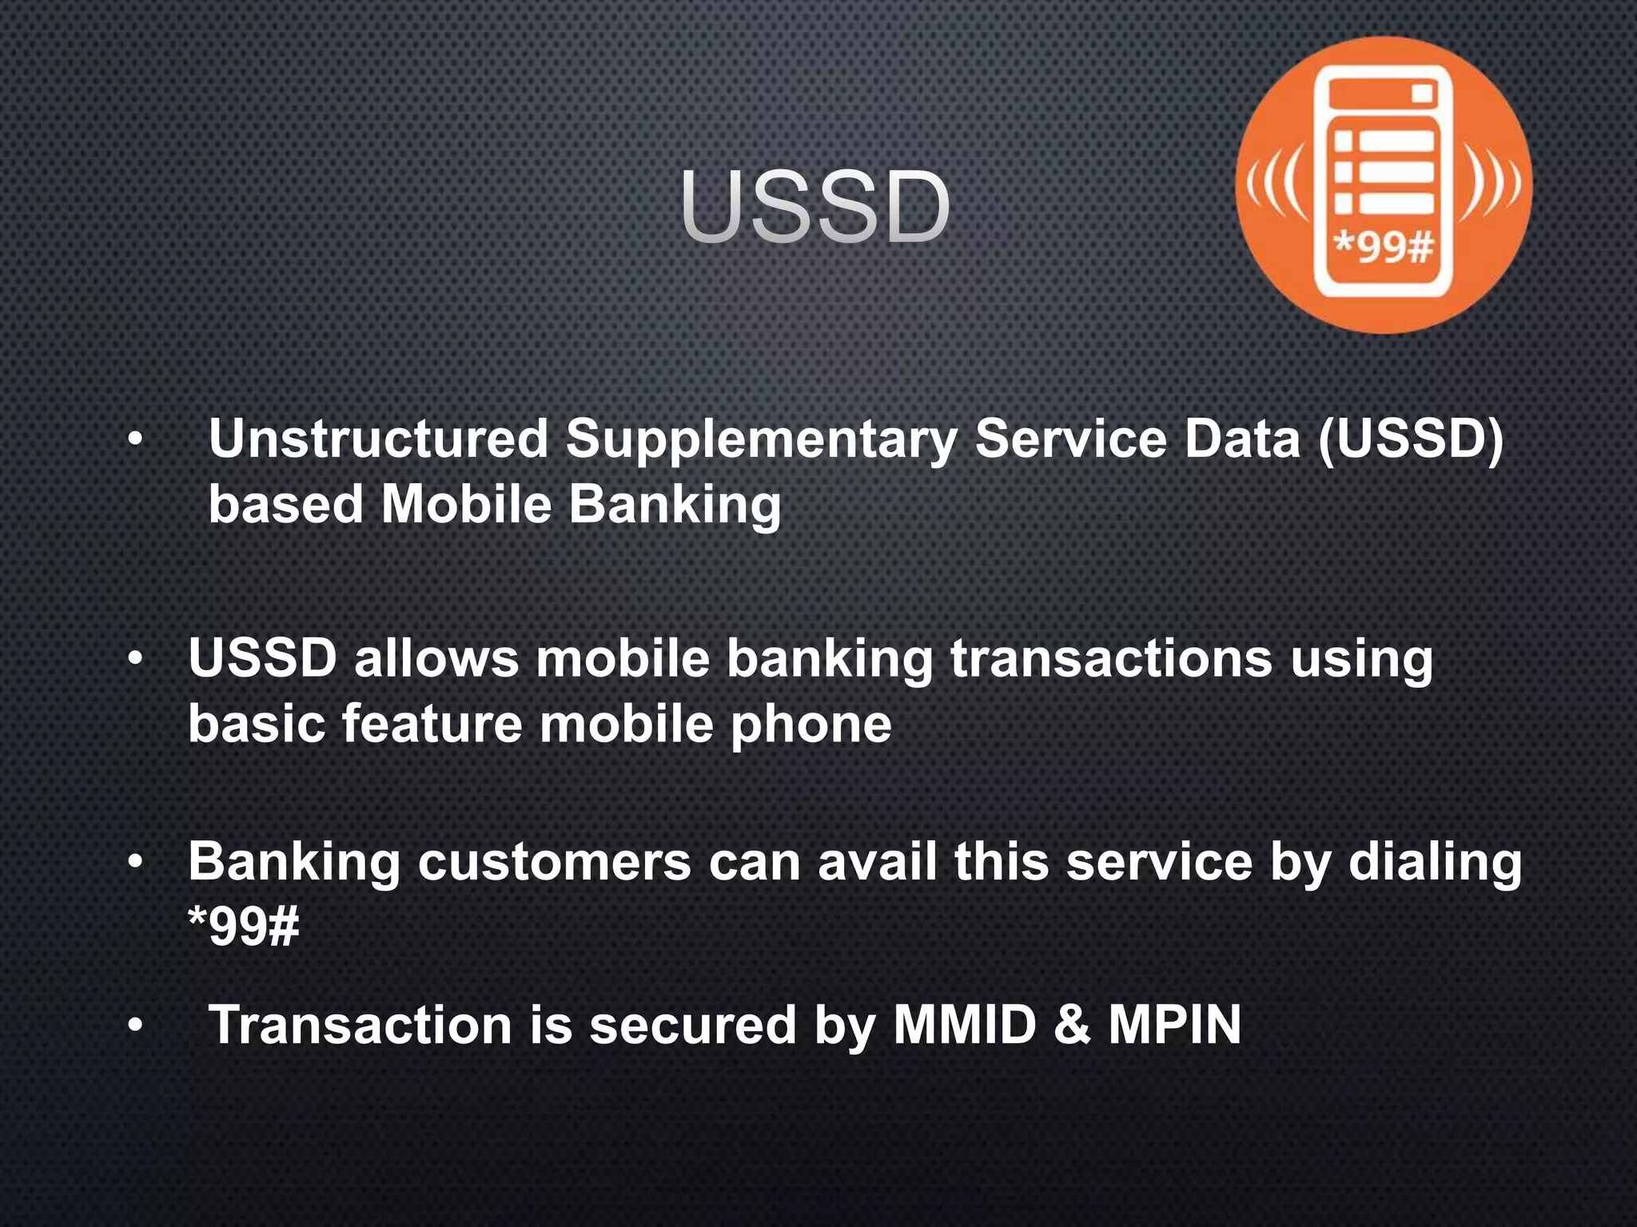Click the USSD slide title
(816, 208)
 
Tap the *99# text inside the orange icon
(1384, 248)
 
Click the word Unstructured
(378, 439)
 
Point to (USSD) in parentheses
(1412, 439)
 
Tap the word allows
(436, 659)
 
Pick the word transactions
(1111, 659)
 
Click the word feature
(432, 724)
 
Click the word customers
(554, 863)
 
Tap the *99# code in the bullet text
(244, 927)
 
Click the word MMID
(964, 1025)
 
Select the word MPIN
(1174, 1025)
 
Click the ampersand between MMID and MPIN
(1073, 1025)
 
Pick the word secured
(692, 1025)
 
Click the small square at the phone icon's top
(1422, 94)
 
